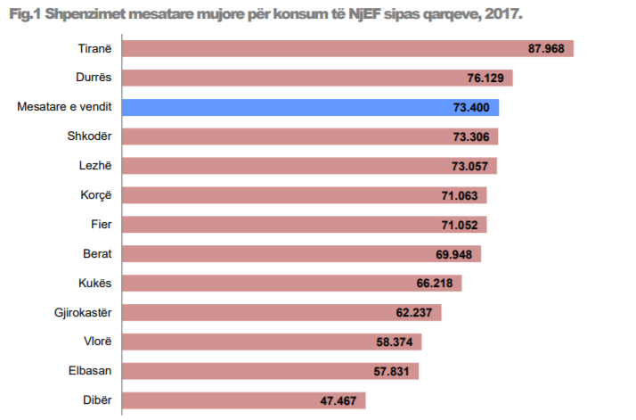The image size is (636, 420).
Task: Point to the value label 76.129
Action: click(486, 78)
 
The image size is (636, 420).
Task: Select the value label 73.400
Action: click(472, 107)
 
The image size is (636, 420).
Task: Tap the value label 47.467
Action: click(339, 400)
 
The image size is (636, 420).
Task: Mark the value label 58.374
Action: click(395, 342)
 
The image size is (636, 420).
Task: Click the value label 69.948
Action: click(455, 254)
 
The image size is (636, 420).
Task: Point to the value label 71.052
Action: click(461, 225)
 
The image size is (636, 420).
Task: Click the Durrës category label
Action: click(92, 78)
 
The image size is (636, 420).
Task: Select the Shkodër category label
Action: click(89, 136)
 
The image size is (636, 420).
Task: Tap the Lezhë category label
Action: click(94, 166)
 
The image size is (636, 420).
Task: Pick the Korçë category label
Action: click(95, 195)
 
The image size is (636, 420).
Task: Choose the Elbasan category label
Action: click(90, 371)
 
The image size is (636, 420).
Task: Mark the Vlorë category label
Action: click(96, 342)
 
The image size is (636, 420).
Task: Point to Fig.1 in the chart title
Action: click(24, 14)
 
